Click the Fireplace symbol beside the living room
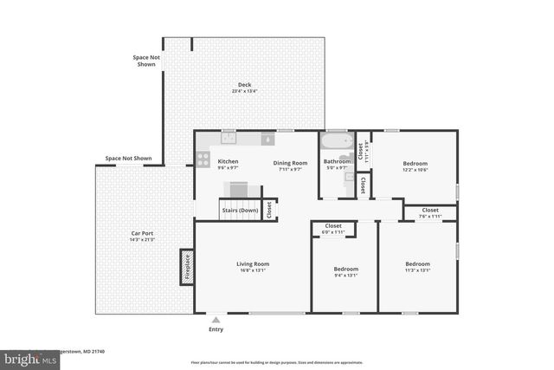186,266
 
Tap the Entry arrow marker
216,320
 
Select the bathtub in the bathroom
337,141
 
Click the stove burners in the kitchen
203,159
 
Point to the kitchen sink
267,139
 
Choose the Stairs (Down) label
240,211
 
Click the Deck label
244,84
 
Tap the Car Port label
143,233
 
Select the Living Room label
253,263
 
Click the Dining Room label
290,162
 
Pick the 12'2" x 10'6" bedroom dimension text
415,170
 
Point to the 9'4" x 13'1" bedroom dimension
345,276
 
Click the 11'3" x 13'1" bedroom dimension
418,270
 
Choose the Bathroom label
337,161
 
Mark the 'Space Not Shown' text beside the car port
128,159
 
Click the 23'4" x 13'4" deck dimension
244,91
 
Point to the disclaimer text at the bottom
276,362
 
